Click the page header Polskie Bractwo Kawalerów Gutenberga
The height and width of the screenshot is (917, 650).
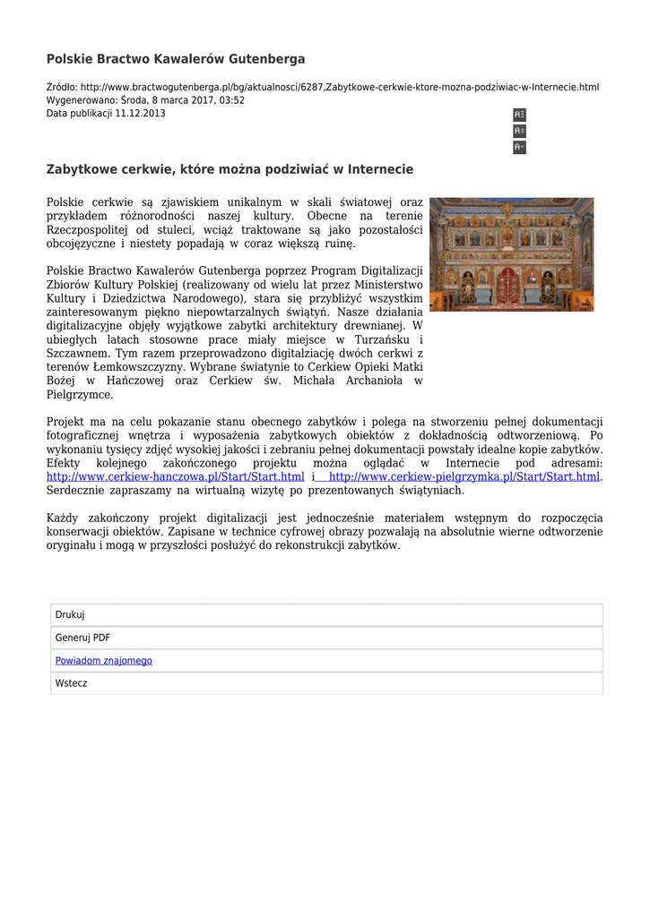coord(176,59)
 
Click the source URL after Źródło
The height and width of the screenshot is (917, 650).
coord(340,87)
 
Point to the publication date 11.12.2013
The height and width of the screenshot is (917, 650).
coord(140,114)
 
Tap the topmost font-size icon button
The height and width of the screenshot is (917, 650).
coord(519,115)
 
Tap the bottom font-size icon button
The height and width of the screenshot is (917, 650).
coord(519,147)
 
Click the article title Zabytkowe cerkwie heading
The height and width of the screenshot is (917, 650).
coord(230,169)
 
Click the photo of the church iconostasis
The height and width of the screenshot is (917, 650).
coord(511,254)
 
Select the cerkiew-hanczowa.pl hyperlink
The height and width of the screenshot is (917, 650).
coord(176,476)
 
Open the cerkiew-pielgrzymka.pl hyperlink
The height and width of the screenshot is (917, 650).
coord(464,476)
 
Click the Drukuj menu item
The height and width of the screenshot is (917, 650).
coord(70,615)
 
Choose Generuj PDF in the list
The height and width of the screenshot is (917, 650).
coord(83,638)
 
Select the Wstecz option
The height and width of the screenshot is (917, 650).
coord(72,683)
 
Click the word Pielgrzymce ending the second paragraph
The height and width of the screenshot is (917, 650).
coord(79,395)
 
